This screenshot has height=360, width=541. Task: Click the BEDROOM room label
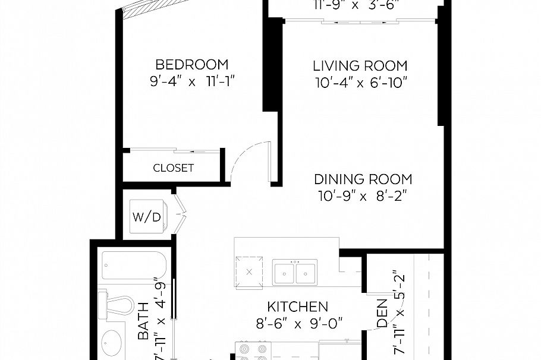(191, 65)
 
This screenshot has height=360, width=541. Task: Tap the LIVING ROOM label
(360, 65)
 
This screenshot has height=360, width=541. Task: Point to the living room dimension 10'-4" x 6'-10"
(361, 82)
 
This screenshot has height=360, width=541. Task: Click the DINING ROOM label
(363, 179)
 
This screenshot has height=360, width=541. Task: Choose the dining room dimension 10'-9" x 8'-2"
(363, 195)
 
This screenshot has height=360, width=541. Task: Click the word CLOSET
(173, 168)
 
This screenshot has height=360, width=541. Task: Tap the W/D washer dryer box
(146, 217)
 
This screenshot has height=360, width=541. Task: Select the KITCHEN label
(297, 307)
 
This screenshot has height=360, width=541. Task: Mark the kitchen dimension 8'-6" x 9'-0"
(297, 324)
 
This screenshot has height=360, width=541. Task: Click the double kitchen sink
(294, 272)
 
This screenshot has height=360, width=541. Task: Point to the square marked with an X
(249, 271)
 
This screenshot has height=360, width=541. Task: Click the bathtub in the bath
(128, 266)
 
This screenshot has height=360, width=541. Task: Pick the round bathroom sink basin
(111, 343)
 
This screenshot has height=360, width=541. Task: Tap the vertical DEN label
(382, 315)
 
